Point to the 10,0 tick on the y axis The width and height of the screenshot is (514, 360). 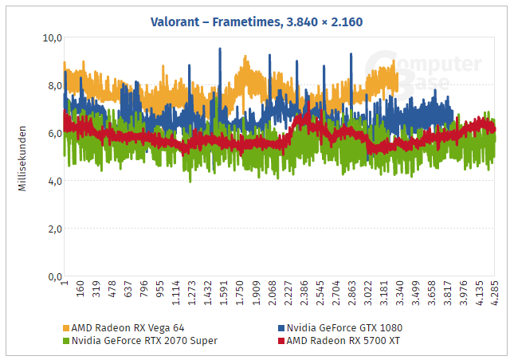[x=52, y=37]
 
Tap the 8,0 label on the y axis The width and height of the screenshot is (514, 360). [x=53, y=85]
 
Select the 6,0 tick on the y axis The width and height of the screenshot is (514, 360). [x=53, y=133]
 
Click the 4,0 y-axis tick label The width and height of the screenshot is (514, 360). [x=53, y=181]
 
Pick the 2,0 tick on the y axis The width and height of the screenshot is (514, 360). [x=53, y=229]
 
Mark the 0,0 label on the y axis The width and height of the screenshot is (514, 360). [x=53, y=276]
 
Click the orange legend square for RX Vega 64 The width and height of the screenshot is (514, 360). [x=66, y=327]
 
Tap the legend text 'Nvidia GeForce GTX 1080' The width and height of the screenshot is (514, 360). [x=344, y=327]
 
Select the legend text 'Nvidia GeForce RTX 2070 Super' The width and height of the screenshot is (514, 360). [x=144, y=340]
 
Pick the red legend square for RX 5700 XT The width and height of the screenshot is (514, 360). [x=281, y=340]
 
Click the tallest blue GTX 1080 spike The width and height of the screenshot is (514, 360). [x=219, y=50]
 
